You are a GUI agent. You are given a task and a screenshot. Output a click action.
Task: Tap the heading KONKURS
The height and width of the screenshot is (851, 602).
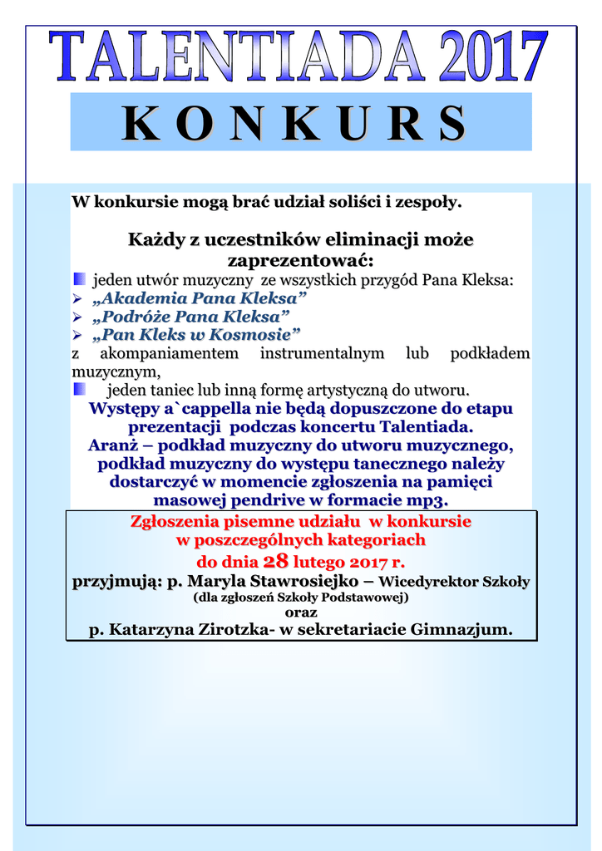pos(294,124)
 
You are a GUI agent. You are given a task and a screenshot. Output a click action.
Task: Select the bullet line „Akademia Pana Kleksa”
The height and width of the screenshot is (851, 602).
pos(200,298)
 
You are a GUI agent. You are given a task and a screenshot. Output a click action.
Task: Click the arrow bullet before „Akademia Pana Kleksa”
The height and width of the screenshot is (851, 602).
pos(77,298)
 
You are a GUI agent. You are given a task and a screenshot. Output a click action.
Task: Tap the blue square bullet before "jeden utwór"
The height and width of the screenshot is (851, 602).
pos(79,278)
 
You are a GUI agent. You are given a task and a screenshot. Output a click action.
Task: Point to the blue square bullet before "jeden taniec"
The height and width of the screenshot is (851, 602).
pos(79,389)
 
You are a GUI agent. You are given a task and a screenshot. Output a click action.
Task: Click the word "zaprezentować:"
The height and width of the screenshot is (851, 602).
pos(301,260)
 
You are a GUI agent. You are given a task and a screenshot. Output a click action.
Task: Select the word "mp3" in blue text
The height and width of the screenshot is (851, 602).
pos(426,500)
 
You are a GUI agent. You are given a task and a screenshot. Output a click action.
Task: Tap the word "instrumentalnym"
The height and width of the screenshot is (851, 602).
pos(322,353)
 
